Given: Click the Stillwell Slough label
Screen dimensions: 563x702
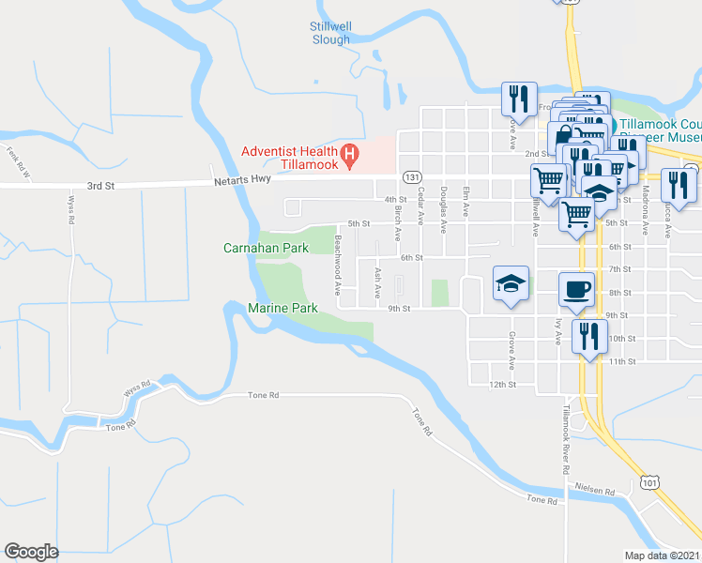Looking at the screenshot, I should tap(329, 33).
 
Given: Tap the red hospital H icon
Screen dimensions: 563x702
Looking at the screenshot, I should tap(349, 152).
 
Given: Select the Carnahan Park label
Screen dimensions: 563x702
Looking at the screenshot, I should tap(266, 249).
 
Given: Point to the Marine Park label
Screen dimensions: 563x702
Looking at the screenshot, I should tap(283, 308).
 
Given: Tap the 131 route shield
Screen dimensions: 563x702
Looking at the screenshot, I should tap(410, 176).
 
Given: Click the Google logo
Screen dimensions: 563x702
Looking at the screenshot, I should tap(31, 551).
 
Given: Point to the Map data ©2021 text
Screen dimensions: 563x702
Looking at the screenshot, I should tap(663, 555).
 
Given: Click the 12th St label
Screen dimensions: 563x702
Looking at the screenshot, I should tap(504, 384).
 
